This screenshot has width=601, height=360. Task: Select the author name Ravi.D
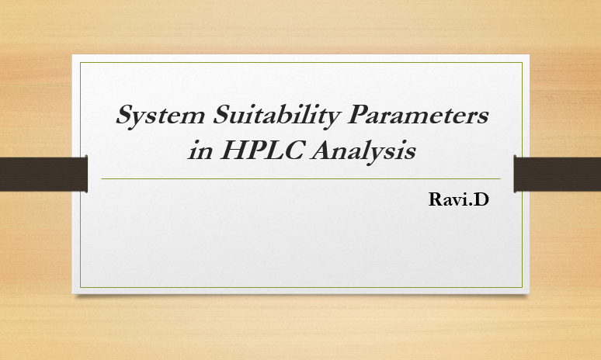pos(458,199)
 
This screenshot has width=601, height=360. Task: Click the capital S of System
pos(125,116)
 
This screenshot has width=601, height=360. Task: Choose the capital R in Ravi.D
pos(436,199)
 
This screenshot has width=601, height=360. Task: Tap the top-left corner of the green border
pos(81,62)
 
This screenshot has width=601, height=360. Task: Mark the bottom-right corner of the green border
pos(522,287)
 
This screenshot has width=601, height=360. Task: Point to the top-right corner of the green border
pos(522,62)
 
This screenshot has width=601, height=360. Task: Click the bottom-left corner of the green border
pos(81,287)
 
